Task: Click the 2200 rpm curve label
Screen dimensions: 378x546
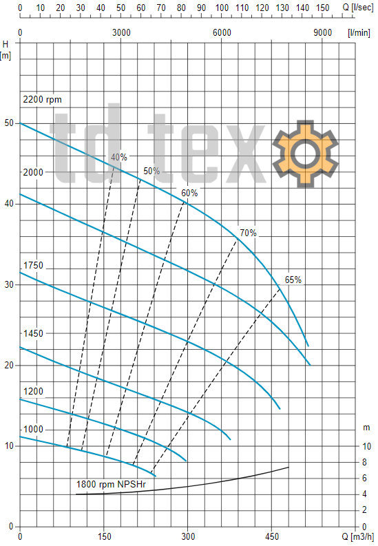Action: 42,100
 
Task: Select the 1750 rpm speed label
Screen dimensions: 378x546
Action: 34,265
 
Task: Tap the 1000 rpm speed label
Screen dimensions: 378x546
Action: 34,429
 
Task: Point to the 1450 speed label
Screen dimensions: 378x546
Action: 34,333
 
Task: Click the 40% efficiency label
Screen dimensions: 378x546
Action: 119,158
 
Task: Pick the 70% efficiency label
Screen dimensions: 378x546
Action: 248,233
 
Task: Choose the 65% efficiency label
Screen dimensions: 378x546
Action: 293,280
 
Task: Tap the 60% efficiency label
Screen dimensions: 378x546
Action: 189,193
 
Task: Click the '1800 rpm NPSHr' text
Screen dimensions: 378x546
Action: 111,484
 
